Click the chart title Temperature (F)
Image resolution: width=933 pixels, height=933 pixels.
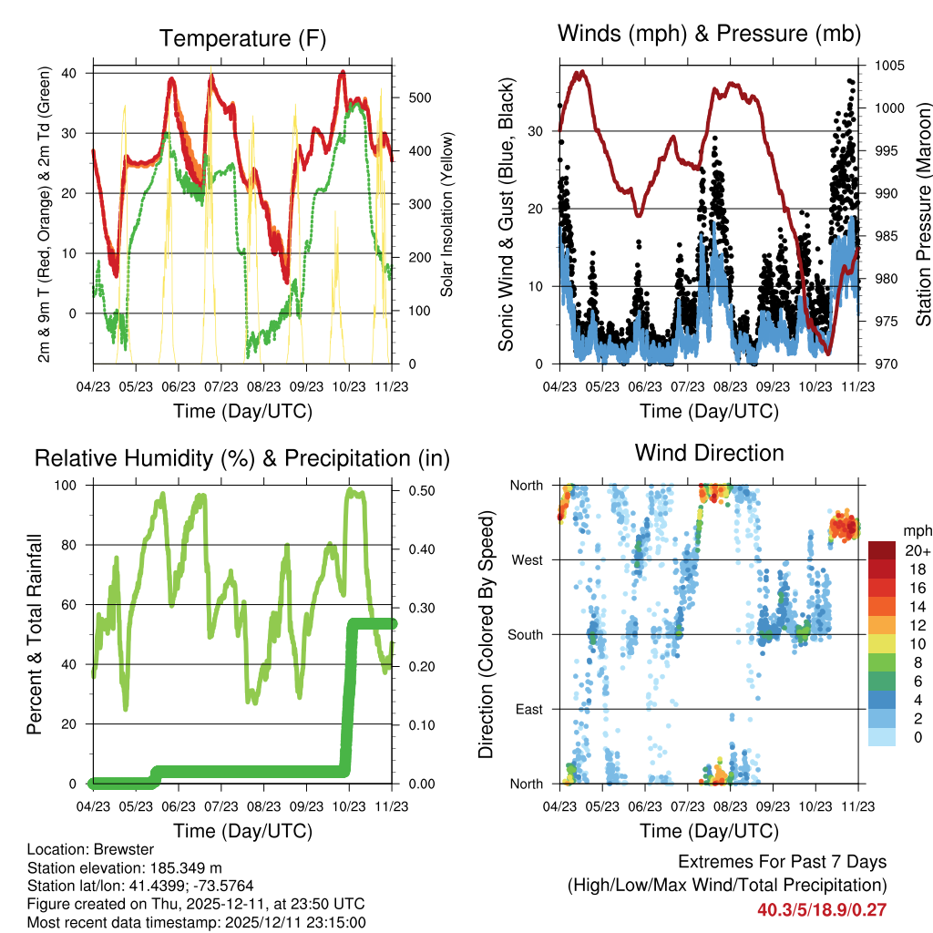point(241,38)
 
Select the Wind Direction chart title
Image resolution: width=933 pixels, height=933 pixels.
point(709,453)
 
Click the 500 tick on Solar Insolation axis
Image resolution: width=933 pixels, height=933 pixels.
point(408,97)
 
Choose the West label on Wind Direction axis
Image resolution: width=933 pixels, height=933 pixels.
point(529,559)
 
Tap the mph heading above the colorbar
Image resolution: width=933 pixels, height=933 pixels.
point(916,530)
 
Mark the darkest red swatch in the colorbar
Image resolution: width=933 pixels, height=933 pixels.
point(882,550)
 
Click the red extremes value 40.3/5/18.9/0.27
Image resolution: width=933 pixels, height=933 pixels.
point(822,909)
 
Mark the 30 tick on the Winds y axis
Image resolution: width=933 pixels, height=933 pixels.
point(538,131)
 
